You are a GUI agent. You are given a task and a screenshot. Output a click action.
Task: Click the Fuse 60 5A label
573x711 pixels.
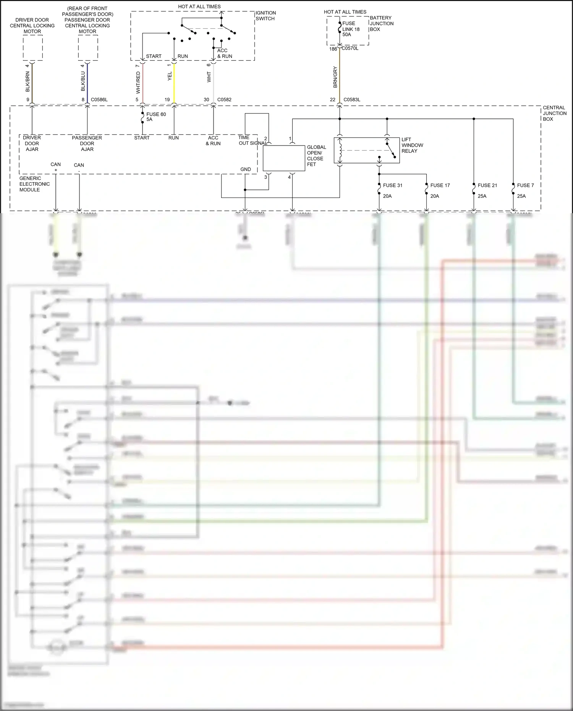coord(156,117)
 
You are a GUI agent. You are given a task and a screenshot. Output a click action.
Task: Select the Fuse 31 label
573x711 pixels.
coord(392,185)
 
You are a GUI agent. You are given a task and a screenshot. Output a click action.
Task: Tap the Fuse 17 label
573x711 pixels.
coord(440,185)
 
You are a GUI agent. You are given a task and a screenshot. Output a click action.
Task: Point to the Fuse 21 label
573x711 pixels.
coord(487,185)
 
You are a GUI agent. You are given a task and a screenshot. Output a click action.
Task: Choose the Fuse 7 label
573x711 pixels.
coord(525,185)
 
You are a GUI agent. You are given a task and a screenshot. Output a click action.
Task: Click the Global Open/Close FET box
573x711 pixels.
coord(283,158)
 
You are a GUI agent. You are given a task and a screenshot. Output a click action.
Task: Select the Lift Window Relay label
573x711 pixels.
coord(412,145)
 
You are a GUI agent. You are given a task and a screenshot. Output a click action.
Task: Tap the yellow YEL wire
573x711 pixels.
coord(174,82)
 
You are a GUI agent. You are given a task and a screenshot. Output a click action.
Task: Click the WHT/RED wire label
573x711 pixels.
coord(138,83)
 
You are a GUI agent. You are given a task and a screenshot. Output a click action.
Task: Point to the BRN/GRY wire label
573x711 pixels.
coord(335,77)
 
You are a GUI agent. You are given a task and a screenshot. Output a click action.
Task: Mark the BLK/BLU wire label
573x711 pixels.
coord(83,81)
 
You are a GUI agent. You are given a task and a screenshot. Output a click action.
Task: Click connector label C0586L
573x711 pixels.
coord(99,100)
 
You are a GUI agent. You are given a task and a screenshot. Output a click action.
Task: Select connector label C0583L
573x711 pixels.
coord(351,100)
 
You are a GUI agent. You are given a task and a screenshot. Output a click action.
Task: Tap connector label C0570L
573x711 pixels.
coord(350,49)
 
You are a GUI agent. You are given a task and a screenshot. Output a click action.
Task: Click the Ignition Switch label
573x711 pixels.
coord(265,16)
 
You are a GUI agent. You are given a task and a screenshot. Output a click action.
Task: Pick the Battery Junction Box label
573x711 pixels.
coord(381,23)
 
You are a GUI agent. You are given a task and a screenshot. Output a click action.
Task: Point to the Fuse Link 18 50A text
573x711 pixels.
coord(351,29)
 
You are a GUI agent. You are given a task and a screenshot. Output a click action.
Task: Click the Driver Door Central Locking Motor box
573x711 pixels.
coord(32,48)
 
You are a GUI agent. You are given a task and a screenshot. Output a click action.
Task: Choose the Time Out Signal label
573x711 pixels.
coord(252,140)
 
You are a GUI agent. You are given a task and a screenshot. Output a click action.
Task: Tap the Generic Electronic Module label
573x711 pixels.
coord(34,184)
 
